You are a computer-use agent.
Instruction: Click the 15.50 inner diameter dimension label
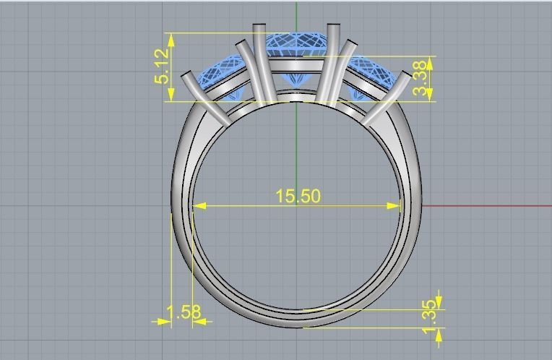[x=298, y=196]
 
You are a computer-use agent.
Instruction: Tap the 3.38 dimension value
[x=421, y=79]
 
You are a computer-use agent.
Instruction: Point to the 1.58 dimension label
[x=184, y=312]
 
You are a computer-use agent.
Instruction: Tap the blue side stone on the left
[x=217, y=76]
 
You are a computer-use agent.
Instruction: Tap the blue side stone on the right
[x=376, y=76]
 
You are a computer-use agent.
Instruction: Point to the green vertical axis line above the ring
[x=297, y=14]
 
